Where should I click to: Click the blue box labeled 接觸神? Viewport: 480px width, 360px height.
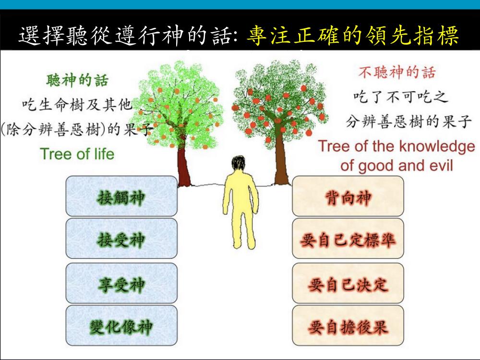(121, 196)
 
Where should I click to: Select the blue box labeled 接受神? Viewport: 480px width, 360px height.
(121, 239)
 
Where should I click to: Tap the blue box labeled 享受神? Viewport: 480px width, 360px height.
(121, 283)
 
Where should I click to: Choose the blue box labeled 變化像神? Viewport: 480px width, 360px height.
(121, 325)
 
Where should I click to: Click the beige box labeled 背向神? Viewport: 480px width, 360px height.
(348, 196)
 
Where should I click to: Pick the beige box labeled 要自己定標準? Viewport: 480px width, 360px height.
(348, 239)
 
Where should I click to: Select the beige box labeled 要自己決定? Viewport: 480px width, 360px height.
(348, 283)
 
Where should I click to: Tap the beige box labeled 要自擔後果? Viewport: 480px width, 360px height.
(348, 325)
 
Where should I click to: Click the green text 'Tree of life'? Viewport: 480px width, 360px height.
(77, 154)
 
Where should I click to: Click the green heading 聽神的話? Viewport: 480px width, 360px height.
(77, 80)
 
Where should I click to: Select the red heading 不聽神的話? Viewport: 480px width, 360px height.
(397, 72)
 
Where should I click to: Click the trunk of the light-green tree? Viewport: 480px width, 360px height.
(184, 167)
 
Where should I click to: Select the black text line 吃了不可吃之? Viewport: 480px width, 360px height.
(401, 97)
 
